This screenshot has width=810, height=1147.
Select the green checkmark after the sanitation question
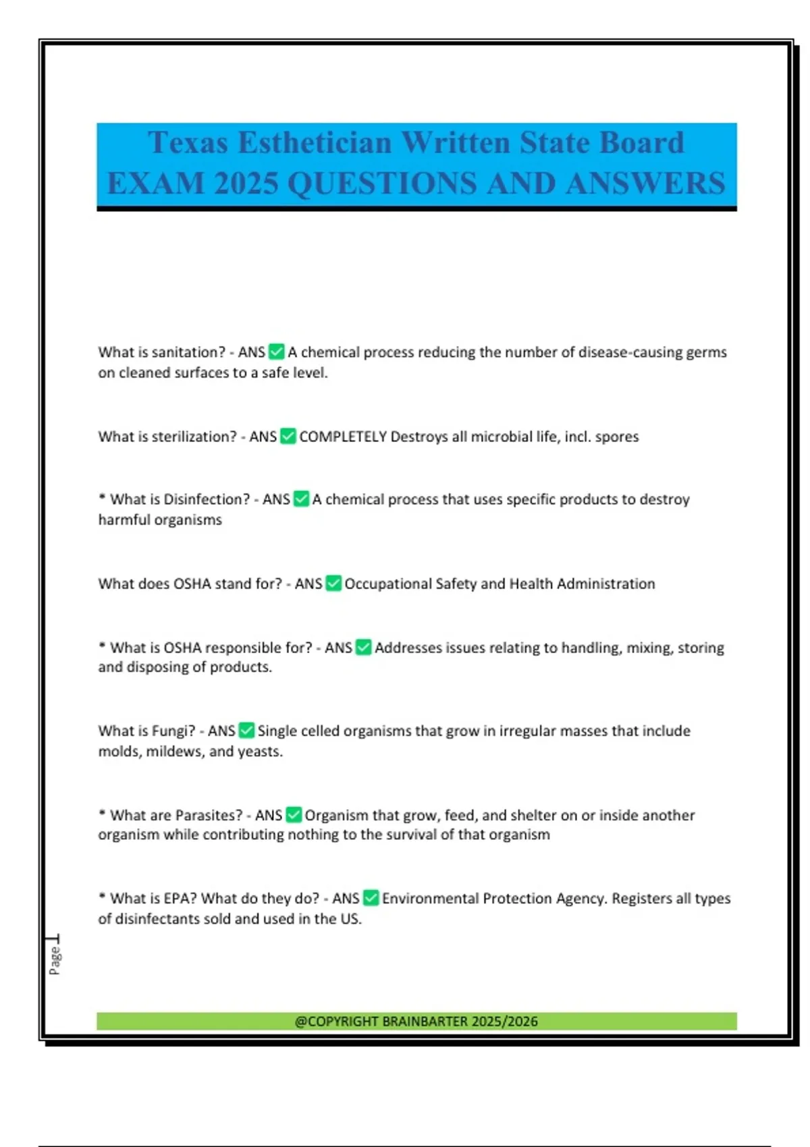click(x=276, y=352)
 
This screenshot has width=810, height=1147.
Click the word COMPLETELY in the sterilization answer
click(x=343, y=437)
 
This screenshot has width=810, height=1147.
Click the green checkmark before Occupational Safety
click(x=333, y=584)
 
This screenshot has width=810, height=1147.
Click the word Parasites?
click(x=209, y=815)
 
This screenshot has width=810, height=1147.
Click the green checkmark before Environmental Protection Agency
click(x=371, y=898)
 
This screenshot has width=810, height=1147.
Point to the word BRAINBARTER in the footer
click(x=425, y=1022)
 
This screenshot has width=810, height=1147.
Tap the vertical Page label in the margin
click(x=55, y=960)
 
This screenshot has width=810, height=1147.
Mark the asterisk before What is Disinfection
click(x=102, y=498)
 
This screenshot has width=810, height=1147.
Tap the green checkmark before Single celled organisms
click(x=246, y=731)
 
